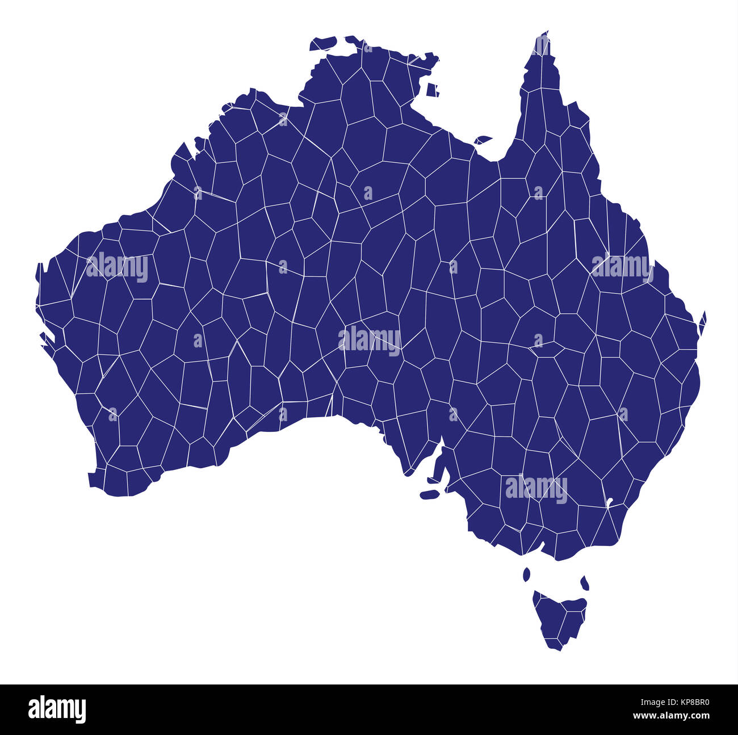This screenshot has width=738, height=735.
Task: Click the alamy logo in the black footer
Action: pyautogui.click(x=57, y=709)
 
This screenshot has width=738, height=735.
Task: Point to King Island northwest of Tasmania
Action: pyautogui.click(x=526, y=574)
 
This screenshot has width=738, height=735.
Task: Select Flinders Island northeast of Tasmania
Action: pyautogui.click(x=584, y=582)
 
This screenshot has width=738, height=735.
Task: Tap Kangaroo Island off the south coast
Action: pyautogui.click(x=430, y=494)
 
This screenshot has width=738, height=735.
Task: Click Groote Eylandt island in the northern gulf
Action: pyautogui.click(x=432, y=90)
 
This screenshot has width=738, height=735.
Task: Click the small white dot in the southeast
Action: pyautogui.click(x=610, y=502)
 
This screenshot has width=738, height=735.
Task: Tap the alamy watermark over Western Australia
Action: pyautogui.click(x=117, y=267)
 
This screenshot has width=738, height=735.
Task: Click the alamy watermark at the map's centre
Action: pyautogui.click(x=370, y=340)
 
